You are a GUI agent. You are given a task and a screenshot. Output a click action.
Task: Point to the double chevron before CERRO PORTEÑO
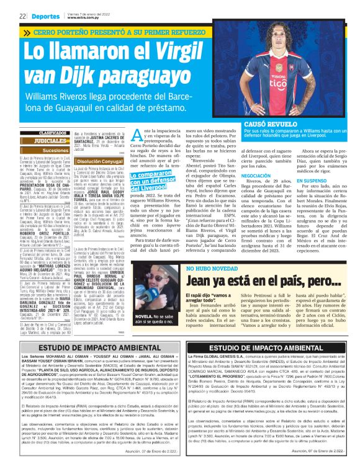pyautogui.click(x=27, y=31)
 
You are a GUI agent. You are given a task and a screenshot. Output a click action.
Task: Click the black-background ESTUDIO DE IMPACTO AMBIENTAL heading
pyautogui.click(x=269, y=348)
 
